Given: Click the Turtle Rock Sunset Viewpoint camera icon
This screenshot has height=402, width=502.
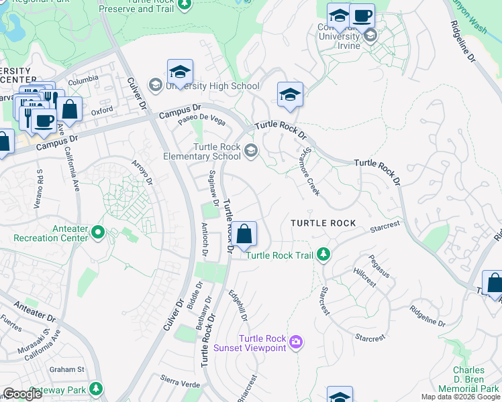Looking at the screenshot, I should (297, 343).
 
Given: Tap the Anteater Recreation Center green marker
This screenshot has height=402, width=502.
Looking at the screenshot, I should (99, 232).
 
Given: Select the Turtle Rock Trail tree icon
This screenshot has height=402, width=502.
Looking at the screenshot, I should (323, 254).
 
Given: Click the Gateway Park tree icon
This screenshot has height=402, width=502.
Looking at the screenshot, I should (96, 388).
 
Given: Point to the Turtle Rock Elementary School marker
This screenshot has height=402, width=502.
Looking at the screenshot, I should (250, 150).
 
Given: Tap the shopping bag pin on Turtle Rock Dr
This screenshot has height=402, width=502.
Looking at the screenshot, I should (245, 234).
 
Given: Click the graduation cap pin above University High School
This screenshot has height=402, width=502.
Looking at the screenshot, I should (180, 72).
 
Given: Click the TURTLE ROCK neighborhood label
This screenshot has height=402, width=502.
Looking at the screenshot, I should (323, 223).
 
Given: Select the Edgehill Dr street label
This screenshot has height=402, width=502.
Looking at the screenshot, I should (240, 304).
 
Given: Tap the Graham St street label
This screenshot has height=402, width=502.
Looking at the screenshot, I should (66, 369).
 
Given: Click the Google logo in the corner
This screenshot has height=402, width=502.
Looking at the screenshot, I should (22, 394).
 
